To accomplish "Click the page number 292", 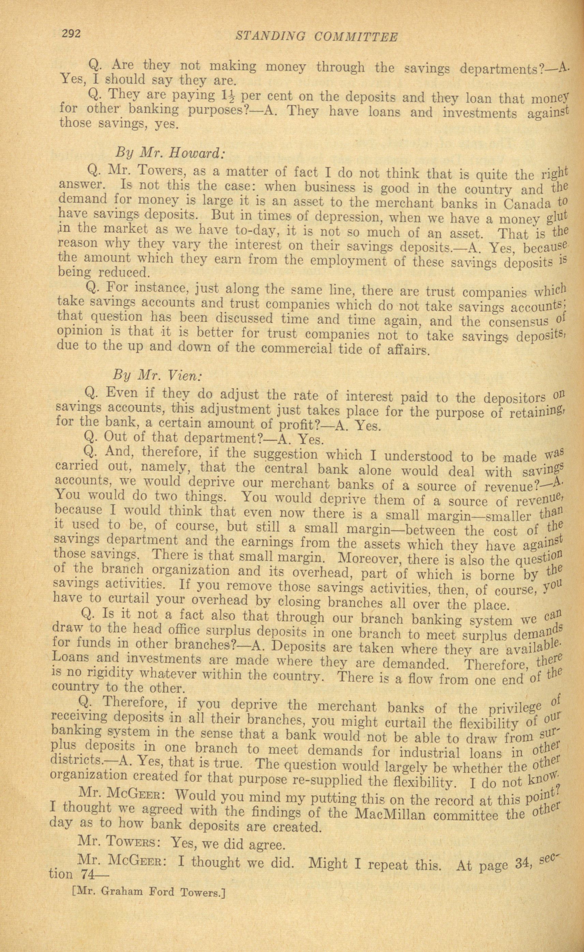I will [70, 34].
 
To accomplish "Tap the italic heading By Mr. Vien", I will [157, 375].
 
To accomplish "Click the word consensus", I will [523, 321].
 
